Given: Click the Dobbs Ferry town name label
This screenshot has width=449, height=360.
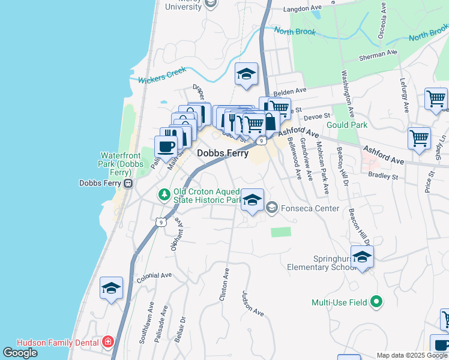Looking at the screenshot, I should pos(223,154).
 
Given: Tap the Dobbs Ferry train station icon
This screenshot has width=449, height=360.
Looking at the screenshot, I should pos(128,183).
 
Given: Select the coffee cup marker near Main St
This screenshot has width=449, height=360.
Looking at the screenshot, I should pos(166,146).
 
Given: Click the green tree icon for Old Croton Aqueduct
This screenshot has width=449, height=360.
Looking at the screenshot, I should pos(164,194).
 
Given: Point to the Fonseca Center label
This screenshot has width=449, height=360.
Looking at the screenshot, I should pos(311,209).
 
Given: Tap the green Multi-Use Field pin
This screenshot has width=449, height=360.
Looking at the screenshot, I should pos(376,302).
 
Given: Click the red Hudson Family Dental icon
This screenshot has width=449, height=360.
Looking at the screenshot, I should pos(107,343).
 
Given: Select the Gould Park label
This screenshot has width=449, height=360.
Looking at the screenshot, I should pos(346,125).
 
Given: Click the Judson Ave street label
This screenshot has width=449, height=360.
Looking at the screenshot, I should pos(253,304).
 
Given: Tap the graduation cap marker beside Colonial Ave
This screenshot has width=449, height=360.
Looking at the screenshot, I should pos(112,288).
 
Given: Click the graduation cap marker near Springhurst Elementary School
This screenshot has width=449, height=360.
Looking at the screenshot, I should pos(362,257).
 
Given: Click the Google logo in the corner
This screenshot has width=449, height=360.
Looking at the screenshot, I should pos(20,353).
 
